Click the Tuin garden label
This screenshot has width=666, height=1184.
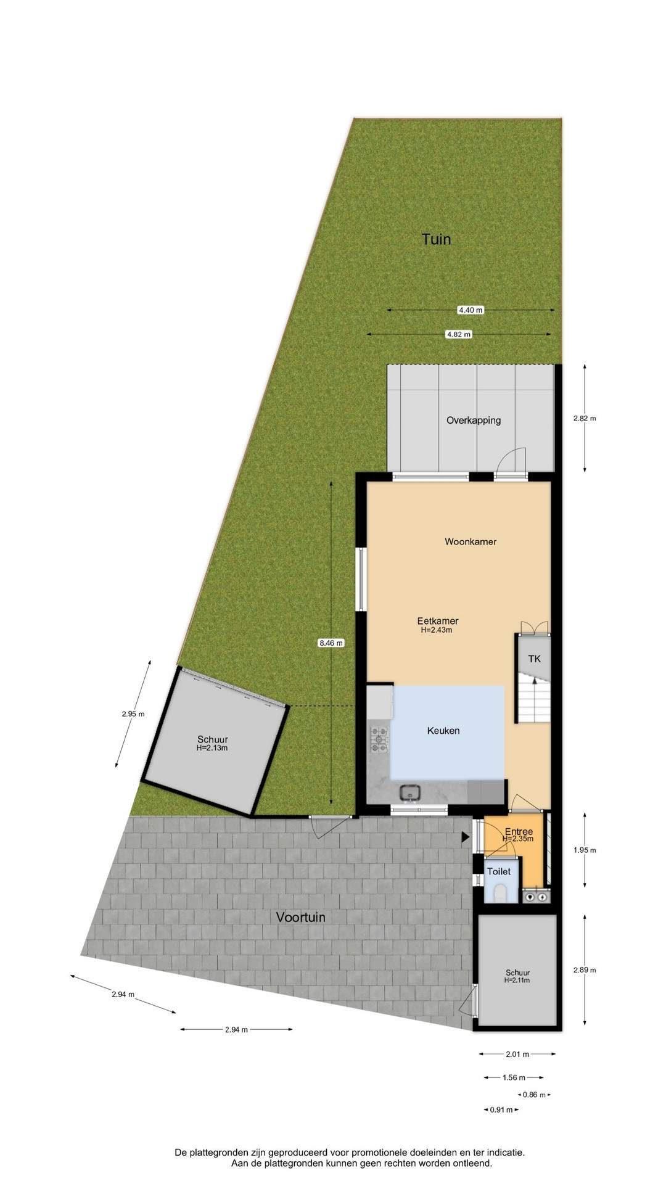coord(436,239)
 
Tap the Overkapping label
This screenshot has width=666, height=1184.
coord(474,421)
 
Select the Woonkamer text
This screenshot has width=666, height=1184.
coord(471,541)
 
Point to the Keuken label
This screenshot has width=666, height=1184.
coord(443,731)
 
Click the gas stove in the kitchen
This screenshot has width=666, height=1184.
coord(379,739)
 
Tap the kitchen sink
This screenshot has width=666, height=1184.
coord(409,791)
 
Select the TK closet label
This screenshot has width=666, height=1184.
coord(534,659)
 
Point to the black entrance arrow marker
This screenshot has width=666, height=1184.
coord(466,837)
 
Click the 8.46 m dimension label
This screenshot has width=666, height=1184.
coord(331,643)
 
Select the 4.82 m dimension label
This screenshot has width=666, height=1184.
coord(459,334)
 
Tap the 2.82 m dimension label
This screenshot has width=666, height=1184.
coord(585,418)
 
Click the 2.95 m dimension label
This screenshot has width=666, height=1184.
coord(133,714)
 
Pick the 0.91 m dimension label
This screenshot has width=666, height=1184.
coord(501,1109)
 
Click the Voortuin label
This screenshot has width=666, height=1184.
coord(301,917)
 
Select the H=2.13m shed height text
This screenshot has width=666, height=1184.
coord(212,748)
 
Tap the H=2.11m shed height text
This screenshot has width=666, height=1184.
coord(517,980)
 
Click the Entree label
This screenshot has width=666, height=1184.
coord(519,831)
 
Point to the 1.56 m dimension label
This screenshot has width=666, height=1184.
coord(514,1077)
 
